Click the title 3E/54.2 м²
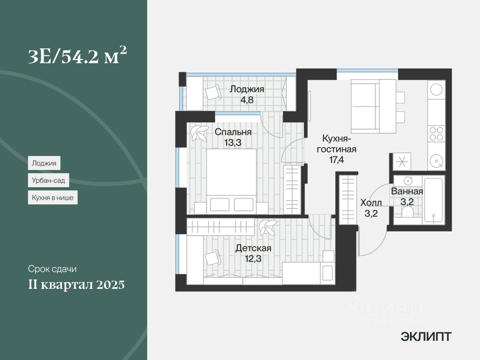[x=78, y=57]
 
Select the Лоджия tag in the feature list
[x=44, y=163]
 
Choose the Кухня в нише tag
[x=53, y=198]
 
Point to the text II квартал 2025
[x=76, y=285]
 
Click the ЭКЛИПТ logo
[x=426, y=337]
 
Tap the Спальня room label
[x=233, y=132]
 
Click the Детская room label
[x=253, y=248]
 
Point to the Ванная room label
[x=407, y=191]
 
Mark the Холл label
[x=371, y=202]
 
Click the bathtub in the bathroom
[x=434, y=200]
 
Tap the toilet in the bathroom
[x=408, y=211]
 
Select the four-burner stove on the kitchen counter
[x=436, y=134]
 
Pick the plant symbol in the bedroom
[x=199, y=133]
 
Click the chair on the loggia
[x=213, y=92]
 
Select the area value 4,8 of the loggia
[x=247, y=99]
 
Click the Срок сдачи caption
[x=52, y=269]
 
